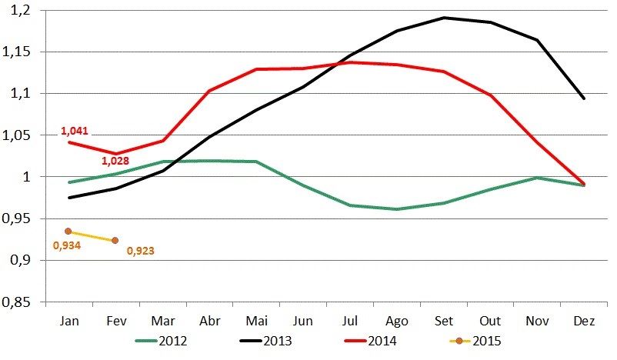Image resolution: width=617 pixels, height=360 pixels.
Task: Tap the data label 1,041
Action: coord(75,132)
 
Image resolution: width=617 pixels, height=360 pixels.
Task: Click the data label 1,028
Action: coord(115,161)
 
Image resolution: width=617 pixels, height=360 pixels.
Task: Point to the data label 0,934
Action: coord(66,246)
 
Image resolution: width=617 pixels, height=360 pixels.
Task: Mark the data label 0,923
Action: coord(140,251)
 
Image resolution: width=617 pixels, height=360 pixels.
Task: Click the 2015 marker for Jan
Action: coord(68,231)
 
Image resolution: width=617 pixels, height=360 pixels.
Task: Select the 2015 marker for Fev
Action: coord(115,241)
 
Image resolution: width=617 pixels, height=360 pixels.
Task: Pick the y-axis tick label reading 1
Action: coord(29,177)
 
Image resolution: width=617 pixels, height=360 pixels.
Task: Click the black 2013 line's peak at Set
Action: coord(443,17)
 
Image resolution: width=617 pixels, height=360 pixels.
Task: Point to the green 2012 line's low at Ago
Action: coord(396,209)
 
